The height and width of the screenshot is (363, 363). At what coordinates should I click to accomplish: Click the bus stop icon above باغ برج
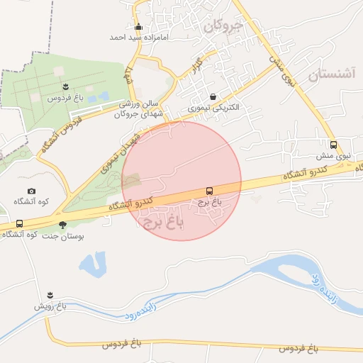pos(209,191)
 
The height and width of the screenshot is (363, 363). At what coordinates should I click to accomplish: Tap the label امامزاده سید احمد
pos(138,36)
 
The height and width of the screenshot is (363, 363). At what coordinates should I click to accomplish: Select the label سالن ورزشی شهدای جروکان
pos(144,108)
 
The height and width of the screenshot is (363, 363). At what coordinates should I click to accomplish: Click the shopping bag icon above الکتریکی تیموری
pos(213,97)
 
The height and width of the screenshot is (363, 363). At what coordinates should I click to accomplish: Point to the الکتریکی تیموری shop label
pos(214,108)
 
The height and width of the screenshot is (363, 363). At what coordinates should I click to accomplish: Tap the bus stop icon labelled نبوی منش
pos(333,144)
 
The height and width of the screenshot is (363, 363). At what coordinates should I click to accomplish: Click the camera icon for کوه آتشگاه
pos(31,191)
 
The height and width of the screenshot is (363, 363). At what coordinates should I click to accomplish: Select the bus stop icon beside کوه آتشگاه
pos(19,224)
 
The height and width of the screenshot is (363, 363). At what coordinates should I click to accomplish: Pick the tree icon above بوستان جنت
pos(63,225)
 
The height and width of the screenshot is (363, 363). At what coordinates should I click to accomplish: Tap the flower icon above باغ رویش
pos(50,296)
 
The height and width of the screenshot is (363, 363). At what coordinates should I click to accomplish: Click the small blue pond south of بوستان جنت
pos(93,264)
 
